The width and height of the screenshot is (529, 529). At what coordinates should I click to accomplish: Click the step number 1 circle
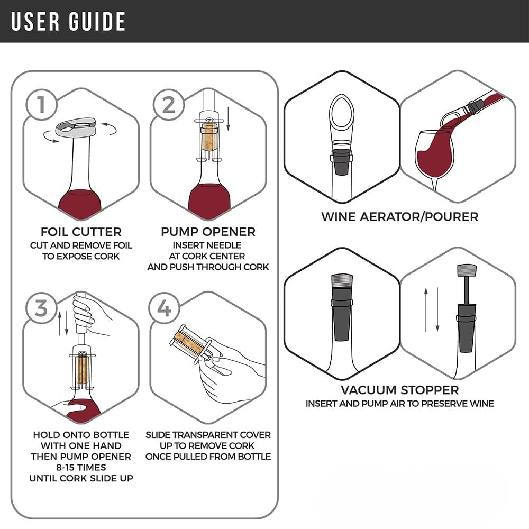coord(41,106)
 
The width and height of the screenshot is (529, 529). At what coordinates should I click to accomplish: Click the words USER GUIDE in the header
coord(68,21)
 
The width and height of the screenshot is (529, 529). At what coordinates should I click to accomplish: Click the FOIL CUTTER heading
coord(81,232)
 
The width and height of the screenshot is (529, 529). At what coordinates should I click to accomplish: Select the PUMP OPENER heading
coord(208,232)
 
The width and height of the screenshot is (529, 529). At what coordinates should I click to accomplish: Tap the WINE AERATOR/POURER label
coord(399,216)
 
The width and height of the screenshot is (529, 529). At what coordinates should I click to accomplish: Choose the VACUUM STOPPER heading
coord(399,390)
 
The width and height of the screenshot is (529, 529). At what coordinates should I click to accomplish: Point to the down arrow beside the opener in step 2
coord(229,119)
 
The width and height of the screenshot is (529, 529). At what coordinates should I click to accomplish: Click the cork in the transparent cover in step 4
coord(188,341)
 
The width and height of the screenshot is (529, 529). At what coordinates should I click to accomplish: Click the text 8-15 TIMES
coord(81,467)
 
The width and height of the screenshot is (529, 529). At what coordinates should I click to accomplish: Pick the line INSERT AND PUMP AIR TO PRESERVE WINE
coord(399,404)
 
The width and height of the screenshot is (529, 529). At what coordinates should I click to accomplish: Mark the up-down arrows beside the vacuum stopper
coord(431,309)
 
